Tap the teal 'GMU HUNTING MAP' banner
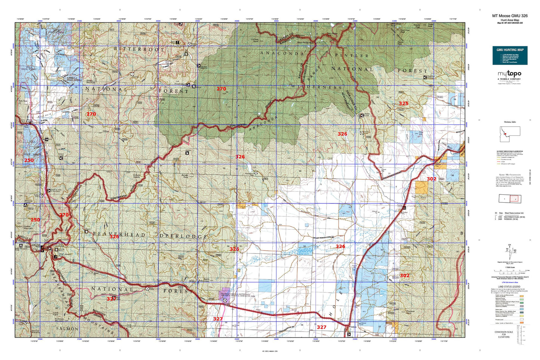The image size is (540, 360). click(510, 50)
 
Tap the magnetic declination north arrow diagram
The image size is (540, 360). click(509, 252)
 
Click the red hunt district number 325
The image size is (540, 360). click(403, 103)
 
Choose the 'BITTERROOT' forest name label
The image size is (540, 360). click(139, 49)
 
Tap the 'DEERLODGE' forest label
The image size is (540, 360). click(183, 236)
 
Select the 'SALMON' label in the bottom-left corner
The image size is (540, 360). click(67, 329)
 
